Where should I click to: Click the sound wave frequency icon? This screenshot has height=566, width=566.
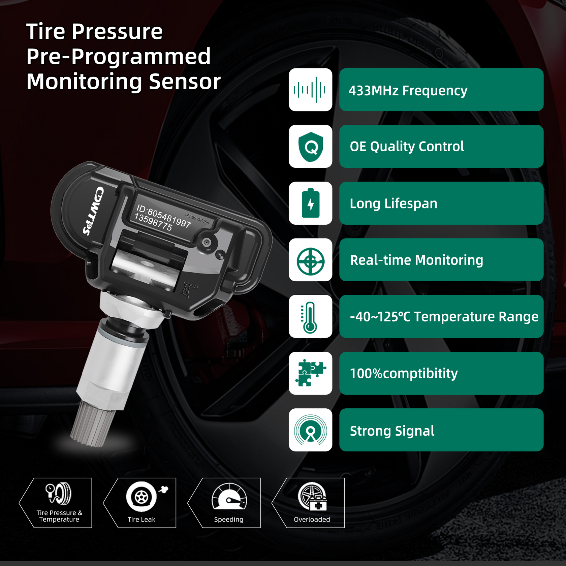tap(310, 90)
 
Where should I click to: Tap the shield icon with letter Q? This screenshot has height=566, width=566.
tap(310, 147)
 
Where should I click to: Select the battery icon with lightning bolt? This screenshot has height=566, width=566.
tap(310, 203)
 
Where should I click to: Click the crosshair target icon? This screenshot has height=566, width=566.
tap(310, 260)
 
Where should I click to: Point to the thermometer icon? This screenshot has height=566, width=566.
tap(310, 317)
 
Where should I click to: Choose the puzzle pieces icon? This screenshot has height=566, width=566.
tap(310, 373)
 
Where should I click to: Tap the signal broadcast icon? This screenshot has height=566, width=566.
tap(310, 430)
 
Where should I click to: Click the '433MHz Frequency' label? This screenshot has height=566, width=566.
tap(408, 91)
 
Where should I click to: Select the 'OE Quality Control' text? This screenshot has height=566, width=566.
tap(407, 147)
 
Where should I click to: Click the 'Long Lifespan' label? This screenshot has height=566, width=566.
tap(393, 203)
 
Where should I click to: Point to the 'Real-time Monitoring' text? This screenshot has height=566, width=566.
tap(416, 260)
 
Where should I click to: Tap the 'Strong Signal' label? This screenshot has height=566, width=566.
tap(392, 431)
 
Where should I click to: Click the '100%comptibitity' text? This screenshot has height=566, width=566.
tap(404, 373)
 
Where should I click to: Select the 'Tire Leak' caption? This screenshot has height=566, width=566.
tap(141, 519)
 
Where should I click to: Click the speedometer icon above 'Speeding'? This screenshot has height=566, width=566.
tap(229, 497)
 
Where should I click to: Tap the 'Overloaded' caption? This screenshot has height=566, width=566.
tap(312, 519)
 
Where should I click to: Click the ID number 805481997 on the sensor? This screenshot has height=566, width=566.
tap(169, 217)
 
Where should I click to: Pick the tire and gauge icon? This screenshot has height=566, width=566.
tap(59, 493)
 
